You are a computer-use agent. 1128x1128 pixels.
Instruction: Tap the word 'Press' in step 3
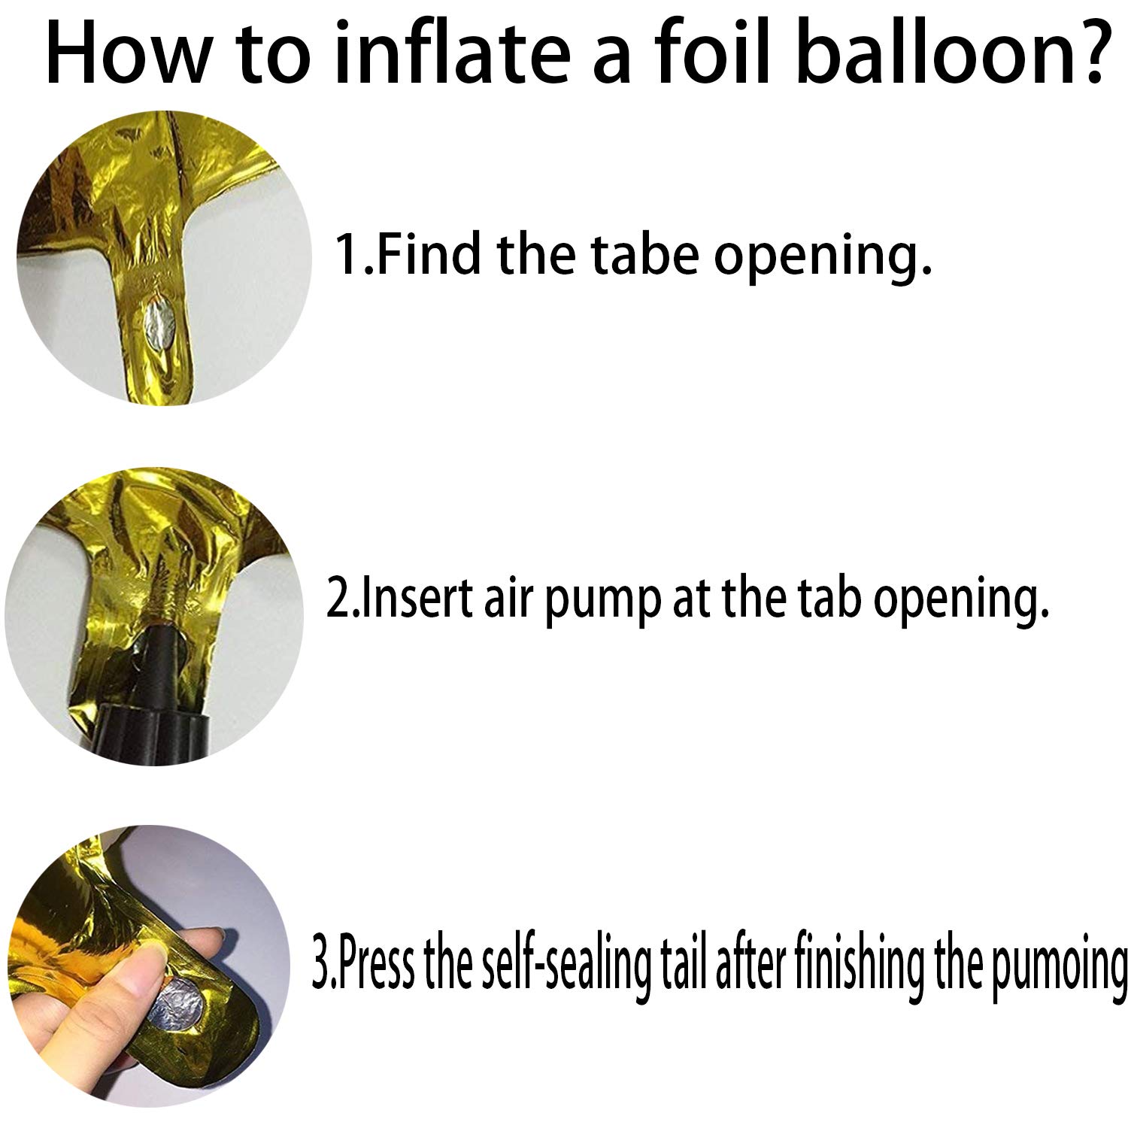372,963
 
